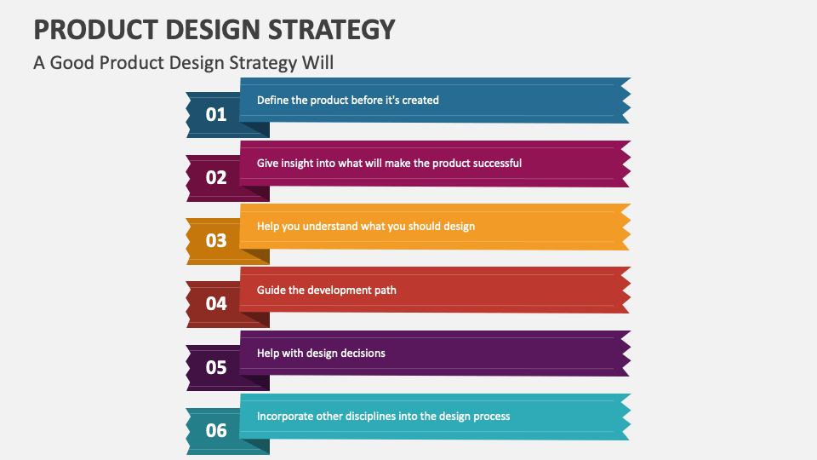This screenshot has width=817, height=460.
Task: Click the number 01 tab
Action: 216,114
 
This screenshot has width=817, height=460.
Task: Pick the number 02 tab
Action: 216,177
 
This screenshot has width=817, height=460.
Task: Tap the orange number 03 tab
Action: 216,240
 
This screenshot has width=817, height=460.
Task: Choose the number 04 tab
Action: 216,303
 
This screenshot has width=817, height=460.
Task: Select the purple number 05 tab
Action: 216,367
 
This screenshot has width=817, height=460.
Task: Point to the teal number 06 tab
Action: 216,430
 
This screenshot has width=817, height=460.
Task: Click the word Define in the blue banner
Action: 273,100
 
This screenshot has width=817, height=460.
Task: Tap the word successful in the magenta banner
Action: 494,163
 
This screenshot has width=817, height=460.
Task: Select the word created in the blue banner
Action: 420,100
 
